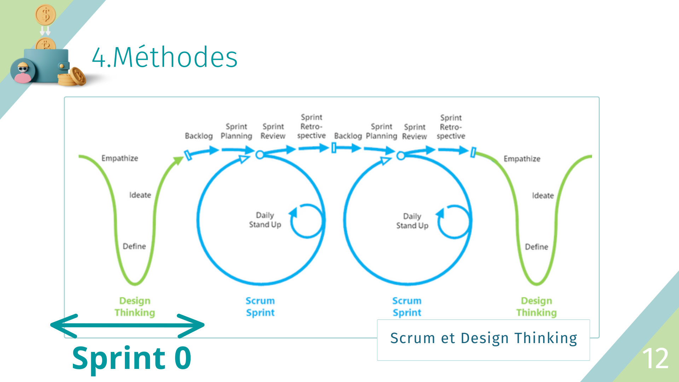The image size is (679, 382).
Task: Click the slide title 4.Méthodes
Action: pyautogui.click(x=165, y=57)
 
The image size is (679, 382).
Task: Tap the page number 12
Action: pyautogui.click(x=655, y=359)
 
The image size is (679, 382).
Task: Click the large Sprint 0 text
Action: pyautogui.click(x=132, y=358)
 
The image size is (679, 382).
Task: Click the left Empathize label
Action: pyautogui.click(x=120, y=158)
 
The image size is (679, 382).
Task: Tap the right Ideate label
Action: pyautogui.click(x=542, y=196)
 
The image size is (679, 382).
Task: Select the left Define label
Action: pyautogui.click(x=134, y=246)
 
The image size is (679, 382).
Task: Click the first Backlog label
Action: pyautogui.click(x=199, y=136)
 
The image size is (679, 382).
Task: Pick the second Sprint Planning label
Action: pyautogui.click(x=381, y=131)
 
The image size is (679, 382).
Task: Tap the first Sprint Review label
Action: pyautogui.click(x=273, y=131)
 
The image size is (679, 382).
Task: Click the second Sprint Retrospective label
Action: pyautogui.click(x=451, y=127)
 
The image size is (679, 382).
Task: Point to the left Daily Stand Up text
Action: pyautogui.click(x=265, y=220)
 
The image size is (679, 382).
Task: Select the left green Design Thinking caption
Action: pyautogui.click(x=135, y=307)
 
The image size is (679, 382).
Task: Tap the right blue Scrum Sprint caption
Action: pyautogui.click(x=407, y=307)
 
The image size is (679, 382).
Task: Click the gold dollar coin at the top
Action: pyautogui.click(x=46, y=15)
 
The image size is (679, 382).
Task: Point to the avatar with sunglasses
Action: pyautogui.click(x=23, y=71)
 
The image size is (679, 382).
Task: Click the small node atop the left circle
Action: pyautogui.click(x=260, y=155)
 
